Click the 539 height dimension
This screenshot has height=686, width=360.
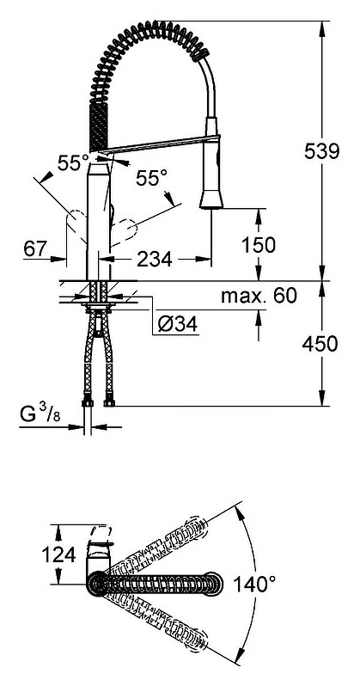coord(321,151)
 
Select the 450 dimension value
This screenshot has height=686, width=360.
coord(320,344)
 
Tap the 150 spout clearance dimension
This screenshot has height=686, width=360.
coord(258,245)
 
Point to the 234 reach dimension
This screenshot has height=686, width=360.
coord(155,260)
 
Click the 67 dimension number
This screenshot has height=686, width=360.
coord(35,249)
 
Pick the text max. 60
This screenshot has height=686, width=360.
coord(259,297)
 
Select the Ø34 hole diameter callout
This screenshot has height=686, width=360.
coord(177,325)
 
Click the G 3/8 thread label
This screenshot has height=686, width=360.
coord(40,414)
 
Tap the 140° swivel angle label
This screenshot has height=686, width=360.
coord(254,584)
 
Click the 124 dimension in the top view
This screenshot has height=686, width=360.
coord(58,554)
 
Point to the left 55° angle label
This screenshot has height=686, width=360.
coord(73,163)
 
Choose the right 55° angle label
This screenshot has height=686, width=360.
coord(151,178)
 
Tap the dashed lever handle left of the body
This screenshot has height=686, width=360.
coord(76,225)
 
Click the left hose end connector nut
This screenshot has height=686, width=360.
coord(88,401)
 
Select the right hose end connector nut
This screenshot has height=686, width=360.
coord(109,401)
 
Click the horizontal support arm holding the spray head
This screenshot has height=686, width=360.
coord(160,144)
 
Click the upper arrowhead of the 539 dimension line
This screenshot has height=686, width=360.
coord(322,28)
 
